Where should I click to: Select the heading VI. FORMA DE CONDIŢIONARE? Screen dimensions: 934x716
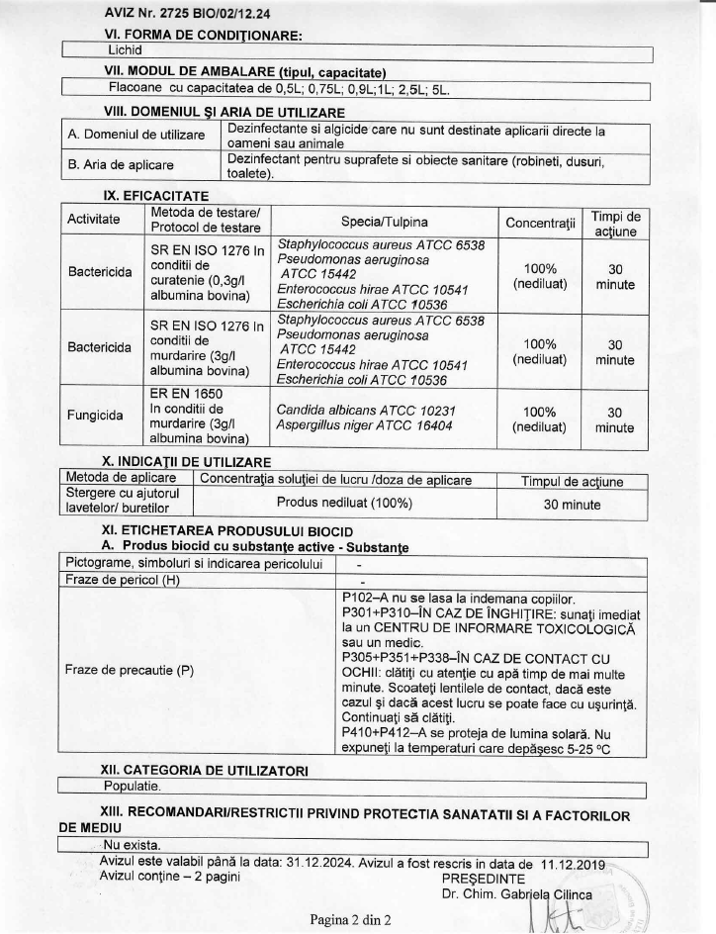pyautogui.click(x=203, y=36)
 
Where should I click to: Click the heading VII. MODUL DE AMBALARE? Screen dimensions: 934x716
pyautogui.click(x=244, y=72)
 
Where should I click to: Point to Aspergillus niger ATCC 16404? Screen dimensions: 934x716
pyautogui.click(x=356, y=425)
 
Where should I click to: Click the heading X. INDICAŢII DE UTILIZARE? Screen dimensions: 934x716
pyautogui.click(x=187, y=462)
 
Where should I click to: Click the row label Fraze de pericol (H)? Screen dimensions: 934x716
pyautogui.click(x=122, y=579)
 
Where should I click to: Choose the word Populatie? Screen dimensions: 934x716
pyautogui.click(x=134, y=786)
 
